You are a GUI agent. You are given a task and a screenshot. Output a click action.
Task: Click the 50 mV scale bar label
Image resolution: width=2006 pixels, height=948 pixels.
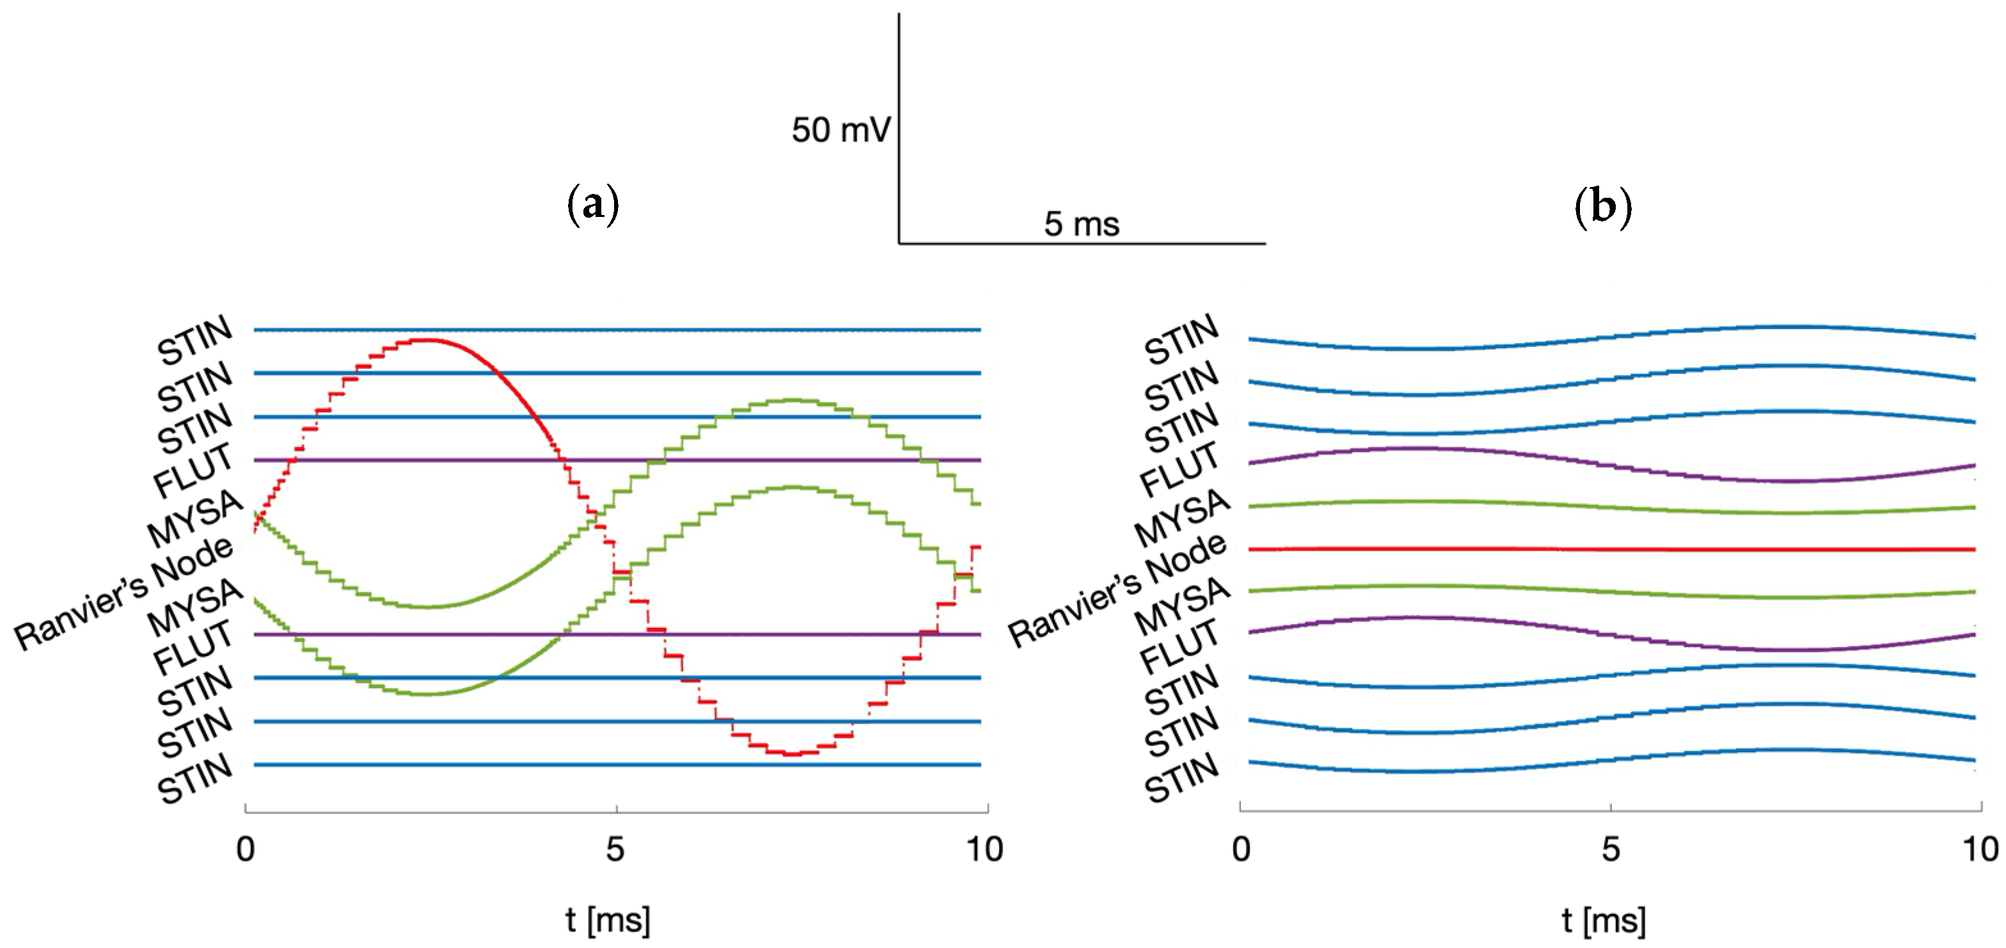click(x=841, y=130)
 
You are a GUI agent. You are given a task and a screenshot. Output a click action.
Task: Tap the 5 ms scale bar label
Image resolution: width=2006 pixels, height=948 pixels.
click(x=1082, y=224)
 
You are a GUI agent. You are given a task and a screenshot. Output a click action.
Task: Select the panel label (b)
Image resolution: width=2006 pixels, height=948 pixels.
click(x=1602, y=207)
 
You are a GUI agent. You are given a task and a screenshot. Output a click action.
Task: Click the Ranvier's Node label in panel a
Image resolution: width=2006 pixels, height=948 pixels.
click(x=125, y=593)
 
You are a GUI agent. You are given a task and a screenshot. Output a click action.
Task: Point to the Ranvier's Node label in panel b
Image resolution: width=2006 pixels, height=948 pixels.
click(x=1118, y=592)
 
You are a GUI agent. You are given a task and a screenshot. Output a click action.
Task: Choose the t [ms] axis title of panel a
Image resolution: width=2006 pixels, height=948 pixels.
click(x=608, y=920)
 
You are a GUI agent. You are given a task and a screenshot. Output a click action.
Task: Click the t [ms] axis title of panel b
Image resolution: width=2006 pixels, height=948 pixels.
click(x=1604, y=920)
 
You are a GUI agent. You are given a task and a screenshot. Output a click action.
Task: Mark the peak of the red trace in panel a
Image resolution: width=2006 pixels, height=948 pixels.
click(x=427, y=340)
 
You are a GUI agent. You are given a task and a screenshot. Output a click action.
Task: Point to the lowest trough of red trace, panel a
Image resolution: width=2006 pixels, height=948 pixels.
click(x=793, y=754)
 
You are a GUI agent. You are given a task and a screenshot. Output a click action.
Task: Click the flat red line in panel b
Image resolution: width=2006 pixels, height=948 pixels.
click(x=1612, y=549)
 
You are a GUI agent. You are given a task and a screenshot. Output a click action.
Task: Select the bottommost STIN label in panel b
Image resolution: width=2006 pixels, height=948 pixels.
click(x=1181, y=777)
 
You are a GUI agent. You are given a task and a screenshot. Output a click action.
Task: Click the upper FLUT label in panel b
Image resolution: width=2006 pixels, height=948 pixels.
click(x=1179, y=469)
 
